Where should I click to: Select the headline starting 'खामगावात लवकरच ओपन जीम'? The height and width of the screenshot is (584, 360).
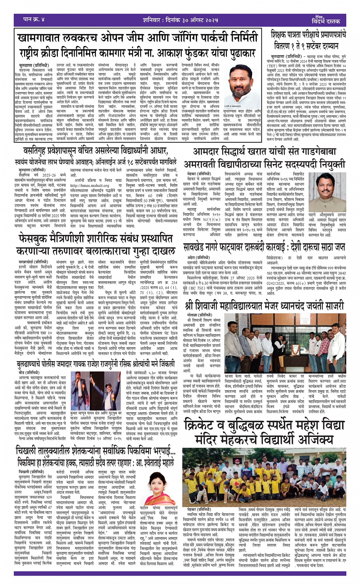(x=138, y=39)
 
